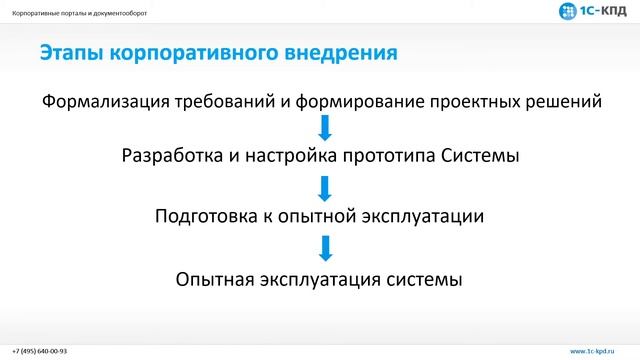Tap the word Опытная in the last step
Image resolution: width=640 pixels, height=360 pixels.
[x=213, y=279]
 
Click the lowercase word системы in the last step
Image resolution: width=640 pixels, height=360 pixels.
[x=425, y=279]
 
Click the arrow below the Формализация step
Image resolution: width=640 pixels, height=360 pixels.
[x=323, y=128]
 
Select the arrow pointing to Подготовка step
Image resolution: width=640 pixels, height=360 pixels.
[x=323, y=187]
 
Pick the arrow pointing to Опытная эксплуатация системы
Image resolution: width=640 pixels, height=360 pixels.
[x=323, y=248]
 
